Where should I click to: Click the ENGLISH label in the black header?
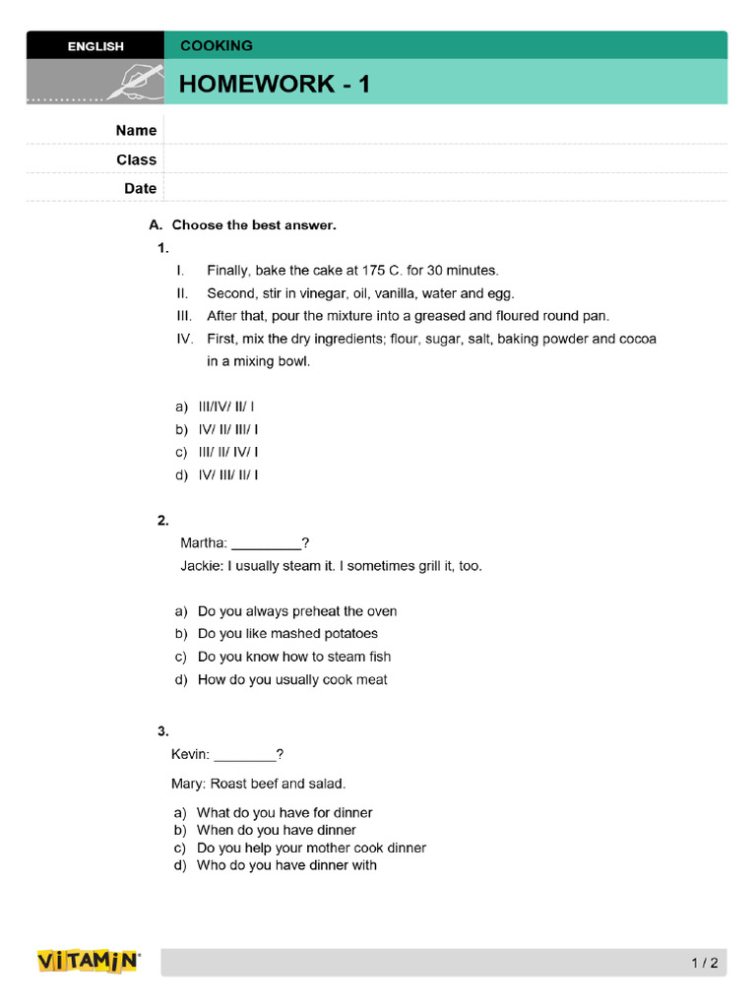point(95,46)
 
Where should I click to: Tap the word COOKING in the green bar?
point(216,45)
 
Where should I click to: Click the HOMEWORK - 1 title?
point(275,84)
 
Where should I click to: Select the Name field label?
point(136,130)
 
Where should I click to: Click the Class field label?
point(136,159)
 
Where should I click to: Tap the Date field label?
point(140,188)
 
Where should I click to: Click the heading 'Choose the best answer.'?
point(254,225)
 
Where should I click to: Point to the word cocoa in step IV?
point(637,339)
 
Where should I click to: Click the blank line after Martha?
point(266,543)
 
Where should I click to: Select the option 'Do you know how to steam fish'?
point(293,657)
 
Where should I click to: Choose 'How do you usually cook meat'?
point(292,679)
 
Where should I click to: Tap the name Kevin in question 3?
point(190,754)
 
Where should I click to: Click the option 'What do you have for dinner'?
point(284,813)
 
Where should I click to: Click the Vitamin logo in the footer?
point(89,962)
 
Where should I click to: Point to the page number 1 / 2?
point(705,964)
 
